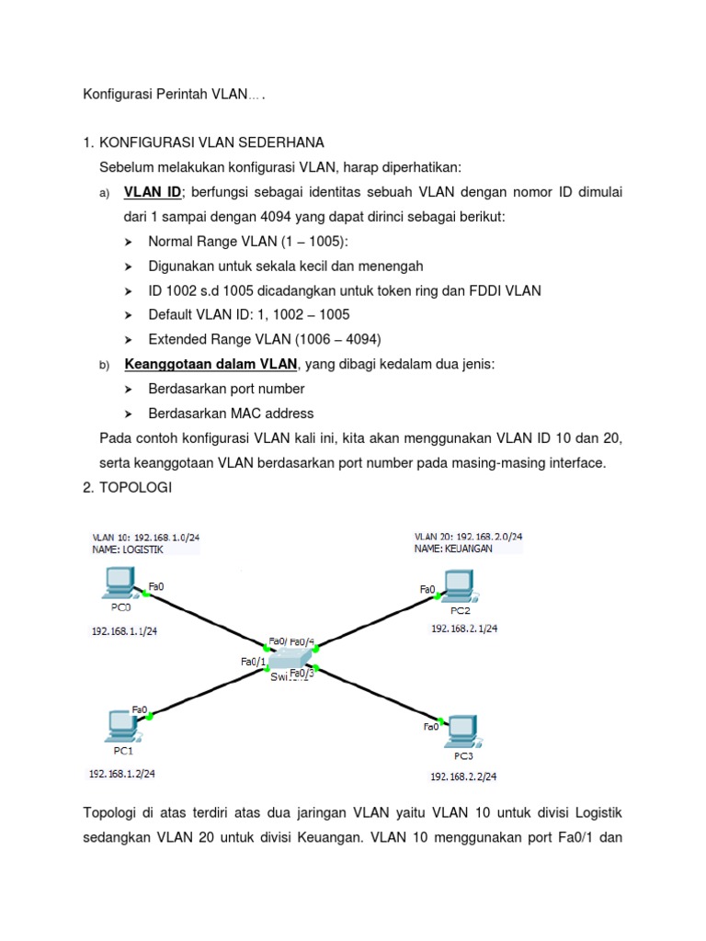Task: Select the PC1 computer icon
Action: tap(120, 724)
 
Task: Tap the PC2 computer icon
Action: tap(457, 586)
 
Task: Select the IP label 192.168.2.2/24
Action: tap(463, 777)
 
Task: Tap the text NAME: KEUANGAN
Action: tap(453, 549)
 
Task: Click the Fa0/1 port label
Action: tap(253, 661)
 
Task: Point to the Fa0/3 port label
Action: tap(302, 673)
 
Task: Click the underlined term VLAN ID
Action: tap(153, 191)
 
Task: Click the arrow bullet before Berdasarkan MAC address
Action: tap(128, 414)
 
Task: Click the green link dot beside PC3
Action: tap(441, 720)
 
